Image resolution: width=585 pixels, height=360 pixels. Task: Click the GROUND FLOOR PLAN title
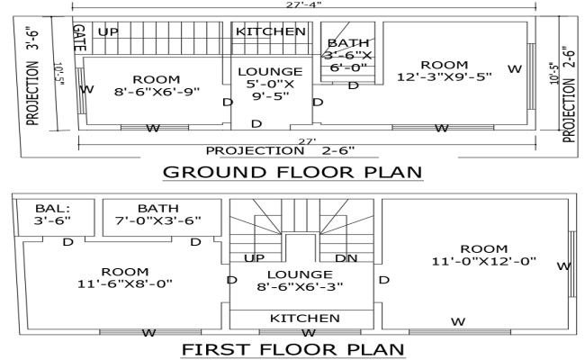pos(292,172)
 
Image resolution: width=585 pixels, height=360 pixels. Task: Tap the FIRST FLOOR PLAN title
pos(292,348)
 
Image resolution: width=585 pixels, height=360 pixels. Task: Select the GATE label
pos(79,37)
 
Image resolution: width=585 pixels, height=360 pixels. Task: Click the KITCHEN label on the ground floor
pos(270,31)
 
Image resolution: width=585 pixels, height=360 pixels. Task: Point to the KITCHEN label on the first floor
pos(305,319)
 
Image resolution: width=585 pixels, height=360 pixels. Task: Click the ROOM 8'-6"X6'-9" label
pos(156,85)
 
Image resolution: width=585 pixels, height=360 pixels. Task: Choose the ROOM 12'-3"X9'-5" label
pos(444,70)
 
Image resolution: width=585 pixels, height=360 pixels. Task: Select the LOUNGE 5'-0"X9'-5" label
pos(269,85)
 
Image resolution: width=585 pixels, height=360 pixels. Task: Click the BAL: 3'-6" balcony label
pos(51,214)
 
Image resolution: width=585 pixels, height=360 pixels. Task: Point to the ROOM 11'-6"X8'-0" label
pos(118,277)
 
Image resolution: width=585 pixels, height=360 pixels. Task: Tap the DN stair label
pos(346,258)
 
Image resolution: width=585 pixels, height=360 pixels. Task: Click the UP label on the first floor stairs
pos(255,258)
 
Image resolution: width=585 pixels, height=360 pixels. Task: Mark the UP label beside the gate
pos(108,32)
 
